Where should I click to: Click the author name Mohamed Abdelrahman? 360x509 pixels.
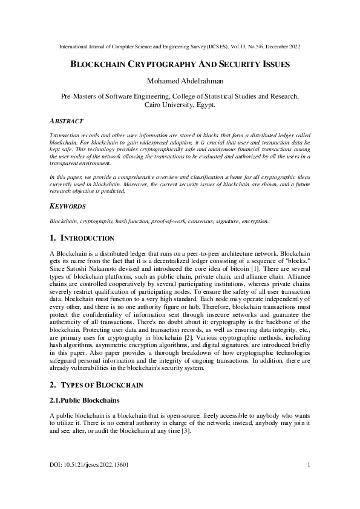[180, 80]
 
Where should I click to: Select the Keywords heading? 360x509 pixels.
[68, 206]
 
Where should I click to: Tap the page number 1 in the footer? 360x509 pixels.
[309, 465]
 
